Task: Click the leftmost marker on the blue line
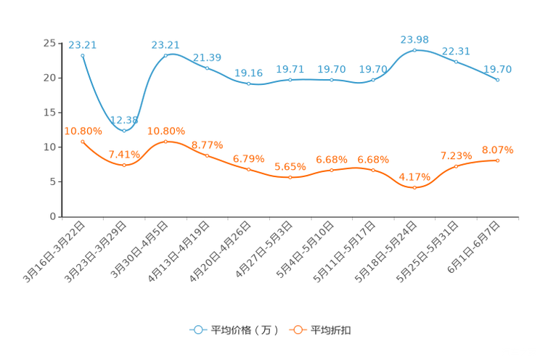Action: tap(83, 54)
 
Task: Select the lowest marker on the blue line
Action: tap(124, 131)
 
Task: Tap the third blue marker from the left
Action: tap(166, 54)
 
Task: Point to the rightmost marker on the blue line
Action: tap(497, 79)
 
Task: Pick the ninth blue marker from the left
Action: tap(414, 50)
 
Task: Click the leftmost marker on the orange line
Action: tap(83, 142)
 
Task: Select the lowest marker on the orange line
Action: tap(414, 187)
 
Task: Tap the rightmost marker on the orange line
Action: tap(497, 160)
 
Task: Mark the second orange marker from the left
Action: tap(124, 165)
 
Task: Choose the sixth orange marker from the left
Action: tap(290, 177)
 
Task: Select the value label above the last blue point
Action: tap(498, 69)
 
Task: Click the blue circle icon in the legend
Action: tap(197, 330)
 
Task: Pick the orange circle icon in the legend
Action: tap(298, 330)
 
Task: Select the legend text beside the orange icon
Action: tap(331, 330)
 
